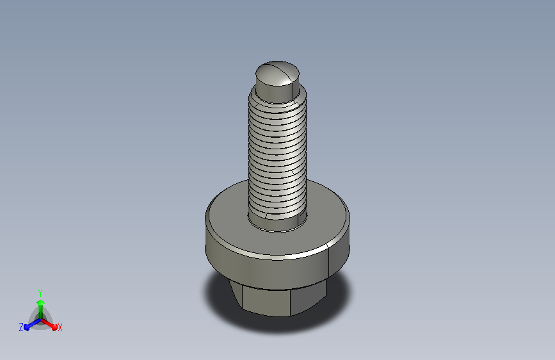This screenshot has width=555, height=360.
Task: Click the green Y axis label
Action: coord(40,293)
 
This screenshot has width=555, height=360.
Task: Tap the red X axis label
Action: coord(60,328)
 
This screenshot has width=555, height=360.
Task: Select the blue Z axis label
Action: coord(21,327)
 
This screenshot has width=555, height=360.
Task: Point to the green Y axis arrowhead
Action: coord(41,302)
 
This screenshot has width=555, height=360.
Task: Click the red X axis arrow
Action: coord(49,324)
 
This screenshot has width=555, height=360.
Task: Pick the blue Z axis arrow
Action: coord(32,324)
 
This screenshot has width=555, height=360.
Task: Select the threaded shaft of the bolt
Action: coord(277,156)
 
